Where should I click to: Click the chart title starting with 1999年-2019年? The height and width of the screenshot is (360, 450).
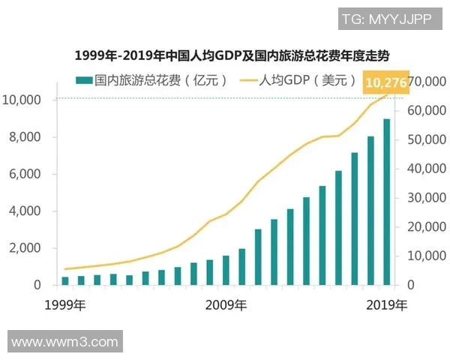225,55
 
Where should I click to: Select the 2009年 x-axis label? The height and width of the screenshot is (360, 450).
226,305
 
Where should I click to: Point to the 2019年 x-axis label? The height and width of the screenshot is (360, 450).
387,305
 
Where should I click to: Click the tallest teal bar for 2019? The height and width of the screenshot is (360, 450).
386,202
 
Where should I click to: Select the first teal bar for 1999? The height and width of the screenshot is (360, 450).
65,280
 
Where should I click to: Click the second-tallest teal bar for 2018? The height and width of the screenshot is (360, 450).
370,211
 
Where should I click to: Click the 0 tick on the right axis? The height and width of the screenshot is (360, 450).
412,285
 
